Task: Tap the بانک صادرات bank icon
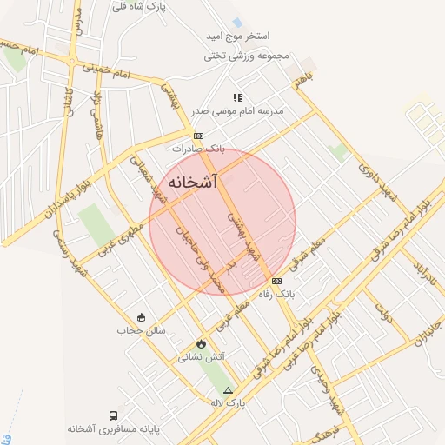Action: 198,136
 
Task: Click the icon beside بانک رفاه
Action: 276,281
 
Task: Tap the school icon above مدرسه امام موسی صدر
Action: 236,97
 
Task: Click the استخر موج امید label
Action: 237,36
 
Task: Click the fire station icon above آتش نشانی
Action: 202,343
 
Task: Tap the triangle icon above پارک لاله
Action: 229,390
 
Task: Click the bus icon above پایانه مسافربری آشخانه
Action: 114,415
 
